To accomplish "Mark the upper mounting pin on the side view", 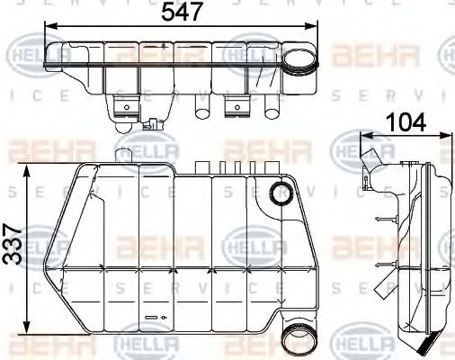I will pos(384,220).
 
